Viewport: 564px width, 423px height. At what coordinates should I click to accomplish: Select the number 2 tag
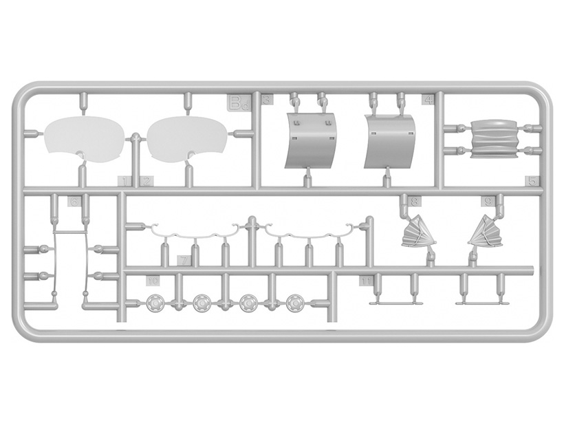coord(147,182)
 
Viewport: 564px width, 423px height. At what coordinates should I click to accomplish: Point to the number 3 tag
coord(268,100)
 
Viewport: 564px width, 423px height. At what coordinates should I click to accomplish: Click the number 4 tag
coord(428,100)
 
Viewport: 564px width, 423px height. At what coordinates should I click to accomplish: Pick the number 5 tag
coord(532,181)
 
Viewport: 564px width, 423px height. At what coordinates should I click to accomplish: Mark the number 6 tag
coord(74,202)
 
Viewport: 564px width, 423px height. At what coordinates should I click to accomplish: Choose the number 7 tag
coord(184,261)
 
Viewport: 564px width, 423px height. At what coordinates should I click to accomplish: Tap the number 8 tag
coord(415,202)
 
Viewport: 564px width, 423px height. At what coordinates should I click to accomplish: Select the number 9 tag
coord(488,202)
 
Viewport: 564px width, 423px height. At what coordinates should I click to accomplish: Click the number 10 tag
coord(153,281)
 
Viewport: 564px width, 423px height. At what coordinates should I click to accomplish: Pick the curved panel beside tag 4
coord(391,141)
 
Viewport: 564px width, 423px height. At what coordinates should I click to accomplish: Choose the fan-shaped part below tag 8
coord(418,232)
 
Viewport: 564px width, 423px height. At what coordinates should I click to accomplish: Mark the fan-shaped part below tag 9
coord(486,232)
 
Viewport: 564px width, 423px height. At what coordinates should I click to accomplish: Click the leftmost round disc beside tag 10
coord(155,303)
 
